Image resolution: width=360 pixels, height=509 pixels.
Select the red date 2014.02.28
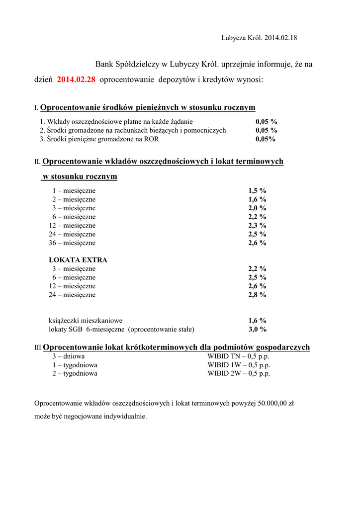pyautogui.click(x=77, y=80)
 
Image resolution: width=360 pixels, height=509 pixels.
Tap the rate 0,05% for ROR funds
pyautogui.click(x=266, y=139)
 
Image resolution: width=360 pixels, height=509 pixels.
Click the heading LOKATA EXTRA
pyautogui.click(x=78, y=260)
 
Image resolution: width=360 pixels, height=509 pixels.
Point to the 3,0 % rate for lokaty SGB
pyautogui.click(x=258, y=330)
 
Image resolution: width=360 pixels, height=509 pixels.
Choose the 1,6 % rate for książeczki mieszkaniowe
pyautogui.click(x=258, y=321)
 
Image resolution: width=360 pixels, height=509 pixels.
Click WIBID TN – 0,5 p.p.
pyautogui.click(x=239, y=356)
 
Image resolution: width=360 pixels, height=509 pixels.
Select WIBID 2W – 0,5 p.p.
pyautogui.click(x=239, y=374)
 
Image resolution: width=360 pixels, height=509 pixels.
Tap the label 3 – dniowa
pyautogui.click(x=69, y=356)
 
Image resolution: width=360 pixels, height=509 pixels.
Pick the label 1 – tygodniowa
pyautogui.click(x=75, y=365)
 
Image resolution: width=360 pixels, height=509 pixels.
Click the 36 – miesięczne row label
pyautogui.click(x=72, y=243)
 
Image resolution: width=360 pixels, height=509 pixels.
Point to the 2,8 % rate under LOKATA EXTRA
pyautogui.click(x=258, y=295)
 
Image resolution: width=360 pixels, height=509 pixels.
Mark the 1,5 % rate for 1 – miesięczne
pyautogui.click(x=258, y=191)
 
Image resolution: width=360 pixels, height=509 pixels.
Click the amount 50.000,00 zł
pyautogui.click(x=276, y=403)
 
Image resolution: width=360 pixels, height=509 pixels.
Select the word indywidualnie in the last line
pyautogui.click(x=124, y=417)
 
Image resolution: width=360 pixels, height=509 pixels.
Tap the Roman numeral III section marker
pyautogui.click(x=38, y=348)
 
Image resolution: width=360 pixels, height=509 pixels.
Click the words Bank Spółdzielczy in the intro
pyautogui.click(x=127, y=65)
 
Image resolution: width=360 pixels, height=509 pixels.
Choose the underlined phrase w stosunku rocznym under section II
pyautogui.click(x=80, y=176)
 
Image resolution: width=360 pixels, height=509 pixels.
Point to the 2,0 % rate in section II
pyautogui.click(x=258, y=208)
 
